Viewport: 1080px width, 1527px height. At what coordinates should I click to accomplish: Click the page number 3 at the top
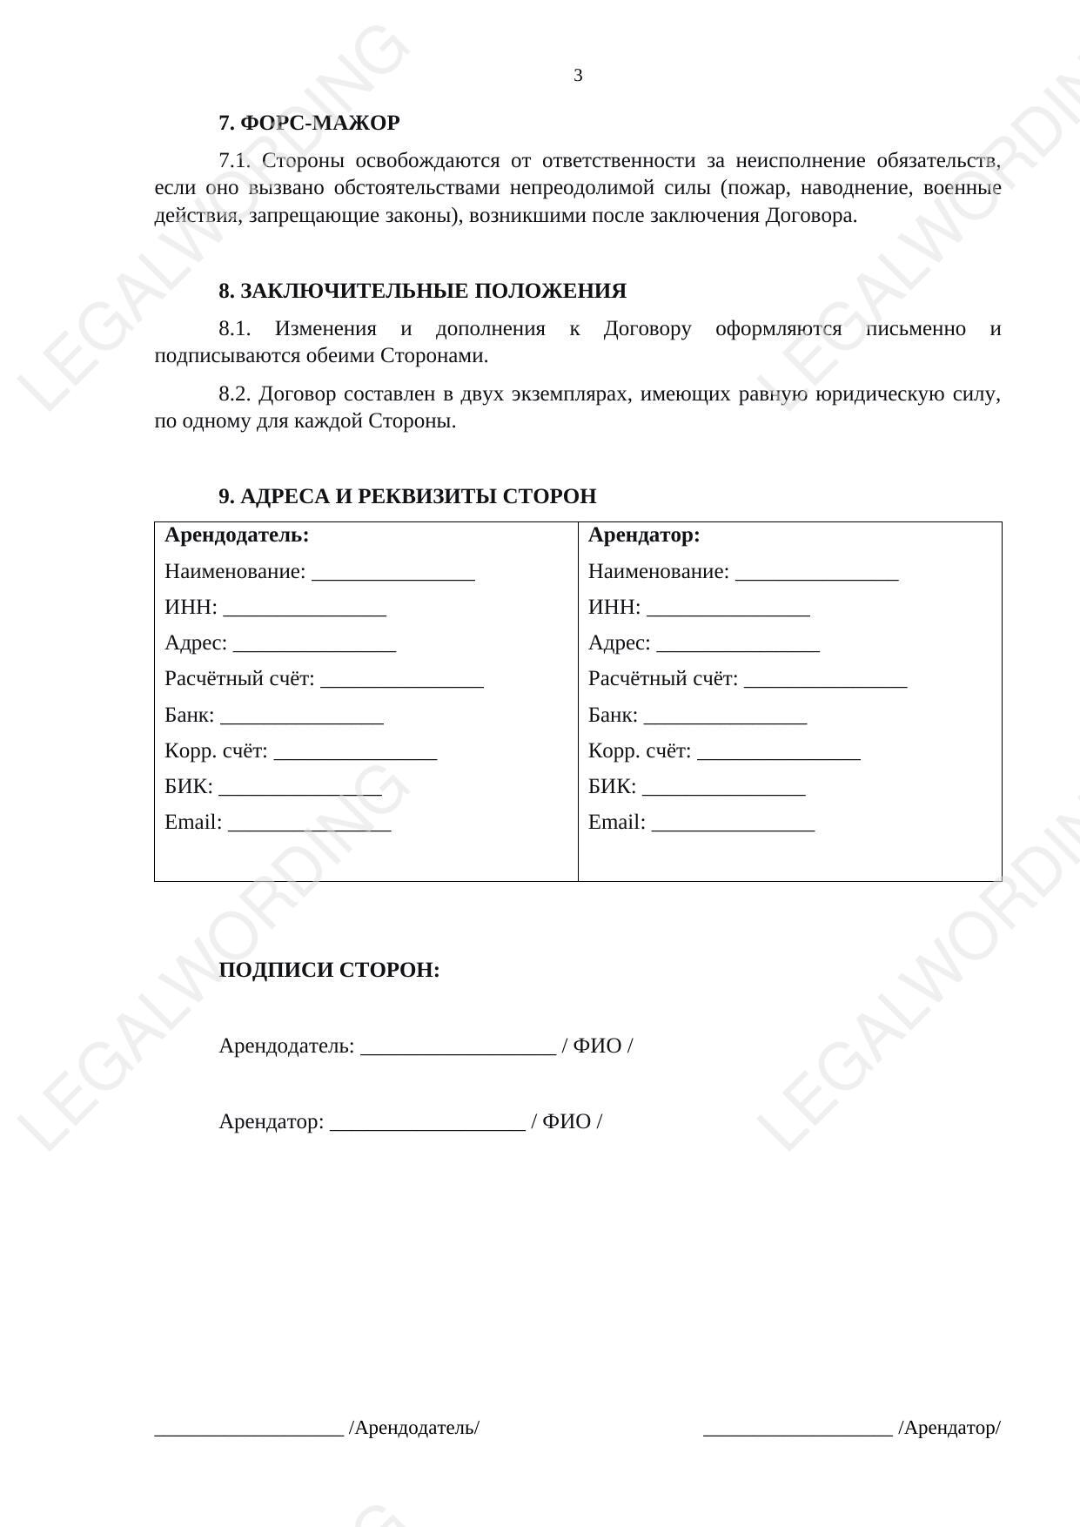pos(578,76)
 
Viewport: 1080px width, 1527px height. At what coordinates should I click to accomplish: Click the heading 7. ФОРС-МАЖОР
pos(309,124)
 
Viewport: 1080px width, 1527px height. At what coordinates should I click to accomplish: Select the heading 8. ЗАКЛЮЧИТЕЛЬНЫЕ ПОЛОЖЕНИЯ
pos(422,291)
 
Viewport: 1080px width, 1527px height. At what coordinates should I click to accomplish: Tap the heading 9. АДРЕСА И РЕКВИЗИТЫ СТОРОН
pos(407,496)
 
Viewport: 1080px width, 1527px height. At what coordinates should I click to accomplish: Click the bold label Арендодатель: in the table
pos(237,535)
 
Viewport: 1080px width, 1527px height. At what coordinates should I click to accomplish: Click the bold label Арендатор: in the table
pos(644,535)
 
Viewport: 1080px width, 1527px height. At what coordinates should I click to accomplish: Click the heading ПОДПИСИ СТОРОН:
pos(329,970)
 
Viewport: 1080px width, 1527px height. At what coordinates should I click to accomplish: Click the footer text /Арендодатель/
pos(414,1428)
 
